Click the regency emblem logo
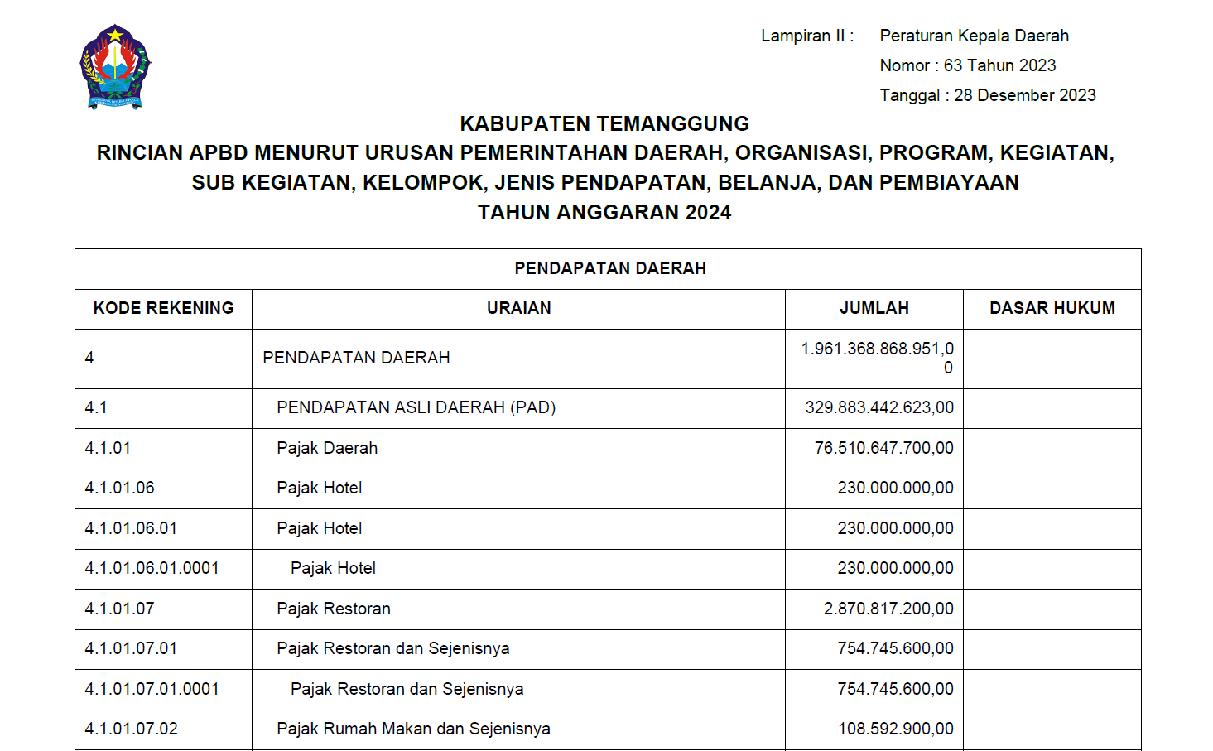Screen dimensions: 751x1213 tap(115, 67)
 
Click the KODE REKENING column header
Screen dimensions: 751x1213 tap(163, 308)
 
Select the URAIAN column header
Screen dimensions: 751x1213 tap(518, 308)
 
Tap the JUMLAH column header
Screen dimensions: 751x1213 tap(874, 308)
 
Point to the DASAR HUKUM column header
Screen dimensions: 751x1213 tap(1052, 308)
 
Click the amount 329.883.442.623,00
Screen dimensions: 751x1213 tap(878, 407)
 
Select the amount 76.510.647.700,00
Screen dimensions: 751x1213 tap(883, 448)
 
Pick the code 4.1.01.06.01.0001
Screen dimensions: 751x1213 tap(152, 568)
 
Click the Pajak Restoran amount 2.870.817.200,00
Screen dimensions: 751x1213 tap(888, 609)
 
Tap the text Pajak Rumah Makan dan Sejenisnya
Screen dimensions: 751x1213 tap(413, 729)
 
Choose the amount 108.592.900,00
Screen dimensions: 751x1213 tap(895, 729)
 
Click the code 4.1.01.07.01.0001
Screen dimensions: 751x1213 tap(152, 689)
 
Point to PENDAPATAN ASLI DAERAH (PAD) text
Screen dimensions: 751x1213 tap(416, 407)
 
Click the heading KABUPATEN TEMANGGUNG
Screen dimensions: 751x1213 tap(604, 123)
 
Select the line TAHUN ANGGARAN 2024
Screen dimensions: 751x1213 tap(604, 213)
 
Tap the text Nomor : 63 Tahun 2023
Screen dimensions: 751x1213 tap(967, 65)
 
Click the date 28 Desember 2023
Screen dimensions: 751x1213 tap(1024, 95)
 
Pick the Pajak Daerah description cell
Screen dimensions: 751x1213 tap(327, 448)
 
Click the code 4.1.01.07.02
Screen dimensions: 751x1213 tap(131, 729)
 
